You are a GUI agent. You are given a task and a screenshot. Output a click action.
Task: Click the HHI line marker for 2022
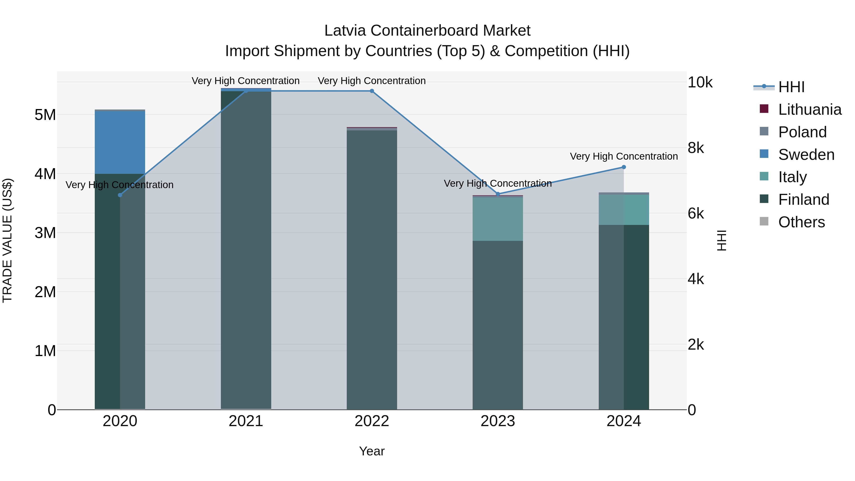point(372,91)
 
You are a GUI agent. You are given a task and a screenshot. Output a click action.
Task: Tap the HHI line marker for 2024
point(624,167)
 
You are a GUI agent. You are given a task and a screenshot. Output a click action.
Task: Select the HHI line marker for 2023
point(498,194)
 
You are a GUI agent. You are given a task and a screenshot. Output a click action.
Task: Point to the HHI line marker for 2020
point(120,195)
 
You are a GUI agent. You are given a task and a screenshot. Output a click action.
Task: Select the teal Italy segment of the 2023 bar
point(498,219)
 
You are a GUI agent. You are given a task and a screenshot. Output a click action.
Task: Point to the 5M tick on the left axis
point(45,115)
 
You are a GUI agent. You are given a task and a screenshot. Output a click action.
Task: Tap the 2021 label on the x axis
point(246,421)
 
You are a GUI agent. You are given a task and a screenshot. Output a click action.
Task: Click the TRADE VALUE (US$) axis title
point(7,240)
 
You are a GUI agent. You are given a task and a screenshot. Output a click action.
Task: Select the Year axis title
point(372,451)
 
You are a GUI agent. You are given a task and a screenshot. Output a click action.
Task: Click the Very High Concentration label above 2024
point(624,156)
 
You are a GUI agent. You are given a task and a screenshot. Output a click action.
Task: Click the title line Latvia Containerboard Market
point(427,31)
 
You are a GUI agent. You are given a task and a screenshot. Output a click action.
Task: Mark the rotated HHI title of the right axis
point(722,240)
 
